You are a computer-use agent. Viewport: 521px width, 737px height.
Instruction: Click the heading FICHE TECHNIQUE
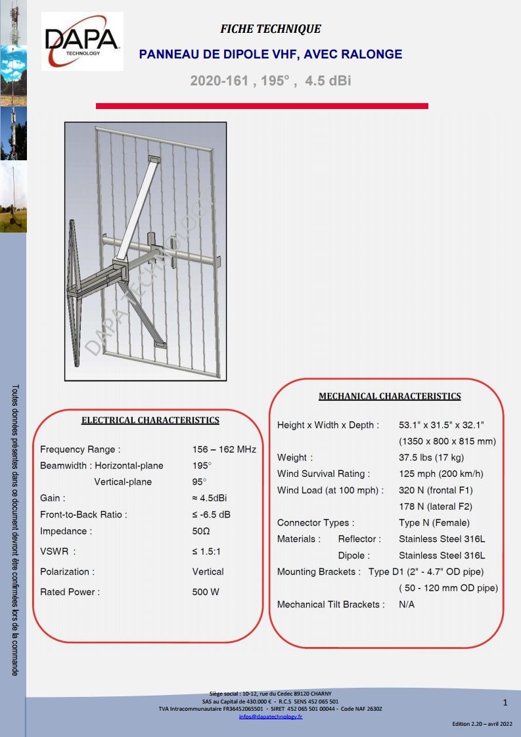point(271,29)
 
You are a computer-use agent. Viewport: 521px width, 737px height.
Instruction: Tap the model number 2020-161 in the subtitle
point(219,81)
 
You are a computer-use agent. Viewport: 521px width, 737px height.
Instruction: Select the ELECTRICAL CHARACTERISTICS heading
point(150,420)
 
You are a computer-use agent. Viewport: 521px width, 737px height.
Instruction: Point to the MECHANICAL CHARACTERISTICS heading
point(390,396)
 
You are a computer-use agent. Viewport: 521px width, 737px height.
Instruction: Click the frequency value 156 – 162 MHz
point(224,450)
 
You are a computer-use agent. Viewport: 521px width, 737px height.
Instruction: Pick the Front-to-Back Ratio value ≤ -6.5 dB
point(212,514)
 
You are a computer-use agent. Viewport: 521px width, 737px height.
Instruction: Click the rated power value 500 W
point(206,592)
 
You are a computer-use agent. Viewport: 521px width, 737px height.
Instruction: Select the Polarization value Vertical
point(208,571)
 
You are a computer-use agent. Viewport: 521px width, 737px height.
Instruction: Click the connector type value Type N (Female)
point(434,523)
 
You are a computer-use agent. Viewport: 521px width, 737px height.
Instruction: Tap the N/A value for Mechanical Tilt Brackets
point(407,604)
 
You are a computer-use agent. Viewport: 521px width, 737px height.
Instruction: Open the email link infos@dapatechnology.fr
point(271,717)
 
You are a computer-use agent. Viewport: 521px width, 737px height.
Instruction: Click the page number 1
point(505,703)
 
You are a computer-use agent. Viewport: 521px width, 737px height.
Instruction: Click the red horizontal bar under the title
point(262,106)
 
